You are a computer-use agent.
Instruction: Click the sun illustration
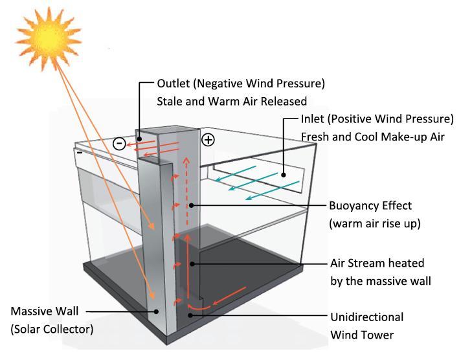pyautogui.click(x=49, y=38)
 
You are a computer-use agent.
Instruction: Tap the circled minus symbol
pyautogui.click(x=119, y=144)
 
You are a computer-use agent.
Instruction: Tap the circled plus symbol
pyautogui.click(x=208, y=140)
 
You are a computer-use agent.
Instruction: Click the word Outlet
pyautogui.click(x=174, y=84)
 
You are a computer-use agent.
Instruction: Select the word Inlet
pyautogui.click(x=313, y=119)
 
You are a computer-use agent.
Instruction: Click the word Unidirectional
pyautogui.click(x=367, y=317)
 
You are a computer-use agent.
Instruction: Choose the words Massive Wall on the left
pyautogui.click(x=45, y=311)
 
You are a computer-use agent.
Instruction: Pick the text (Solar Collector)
pyautogui.click(x=52, y=329)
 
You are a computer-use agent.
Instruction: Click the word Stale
pyautogui.click(x=170, y=102)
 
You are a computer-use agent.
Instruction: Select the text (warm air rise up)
pyautogui.click(x=375, y=224)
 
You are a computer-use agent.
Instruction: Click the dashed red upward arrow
pyautogui.click(x=186, y=192)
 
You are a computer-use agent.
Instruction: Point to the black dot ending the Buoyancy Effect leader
pyautogui.click(x=192, y=205)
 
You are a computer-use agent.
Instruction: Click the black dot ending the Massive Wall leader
pyautogui.click(x=157, y=311)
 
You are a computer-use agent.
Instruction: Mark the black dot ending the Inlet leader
pyautogui.click(x=284, y=175)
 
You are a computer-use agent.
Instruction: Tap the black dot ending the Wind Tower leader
pyautogui.click(x=190, y=315)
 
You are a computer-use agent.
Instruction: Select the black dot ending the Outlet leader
pyautogui.click(x=139, y=139)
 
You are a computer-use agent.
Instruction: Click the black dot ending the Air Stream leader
pyautogui.click(x=192, y=264)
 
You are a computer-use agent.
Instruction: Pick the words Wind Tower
pyautogui.click(x=362, y=335)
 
